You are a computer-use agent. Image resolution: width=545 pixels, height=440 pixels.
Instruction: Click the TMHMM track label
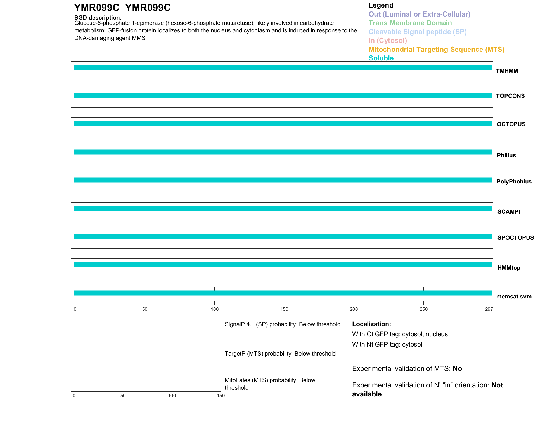click(x=507, y=71)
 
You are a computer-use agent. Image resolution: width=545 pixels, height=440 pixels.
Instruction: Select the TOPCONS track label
click(x=510, y=96)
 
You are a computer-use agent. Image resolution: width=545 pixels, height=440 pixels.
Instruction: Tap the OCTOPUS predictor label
click(x=511, y=124)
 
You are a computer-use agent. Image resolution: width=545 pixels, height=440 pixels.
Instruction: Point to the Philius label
click(x=506, y=155)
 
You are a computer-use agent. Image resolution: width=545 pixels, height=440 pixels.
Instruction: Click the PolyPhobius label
click(x=514, y=182)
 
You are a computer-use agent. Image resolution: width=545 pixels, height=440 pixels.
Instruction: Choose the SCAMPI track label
click(x=508, y=212)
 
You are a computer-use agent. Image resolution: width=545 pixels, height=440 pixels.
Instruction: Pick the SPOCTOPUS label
click(x=515, y=238)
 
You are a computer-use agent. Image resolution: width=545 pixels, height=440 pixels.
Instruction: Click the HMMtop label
click(x=509, y=268)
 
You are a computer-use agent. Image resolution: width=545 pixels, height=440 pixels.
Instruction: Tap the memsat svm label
click(x=514, y=297)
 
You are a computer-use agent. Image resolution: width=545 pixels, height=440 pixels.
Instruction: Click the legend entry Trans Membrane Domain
click(x=410, y=23)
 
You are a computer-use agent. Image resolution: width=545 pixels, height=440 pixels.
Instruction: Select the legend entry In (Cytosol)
click(x=388, y=41)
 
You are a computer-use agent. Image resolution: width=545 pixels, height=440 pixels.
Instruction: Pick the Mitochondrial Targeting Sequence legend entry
click(x=436, y=50)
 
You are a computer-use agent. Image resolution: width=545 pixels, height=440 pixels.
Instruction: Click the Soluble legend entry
click(x=381, y=58)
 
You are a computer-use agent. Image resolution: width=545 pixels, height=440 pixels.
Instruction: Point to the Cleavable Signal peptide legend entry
click(x=418, y=32)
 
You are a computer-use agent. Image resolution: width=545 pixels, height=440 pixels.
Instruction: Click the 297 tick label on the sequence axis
click(x=489, y=309)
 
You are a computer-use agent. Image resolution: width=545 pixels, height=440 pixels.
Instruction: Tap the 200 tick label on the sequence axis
click(x=354, y=309)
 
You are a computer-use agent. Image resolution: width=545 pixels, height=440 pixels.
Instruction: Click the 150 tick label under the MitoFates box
click(x=221, y=396)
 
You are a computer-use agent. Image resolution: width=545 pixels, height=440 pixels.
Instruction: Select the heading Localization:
click(x=371, y=324)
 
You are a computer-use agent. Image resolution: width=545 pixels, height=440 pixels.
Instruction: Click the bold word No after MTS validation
click(x=457, y=369)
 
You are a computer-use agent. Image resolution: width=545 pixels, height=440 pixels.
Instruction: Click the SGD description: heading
click(x=98, y=18)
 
